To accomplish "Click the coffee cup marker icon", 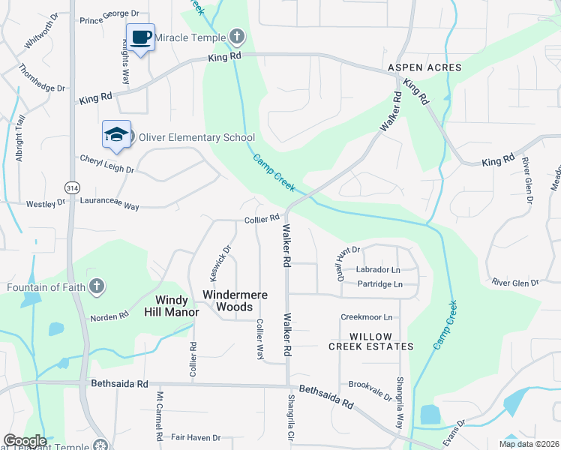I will [140, 37].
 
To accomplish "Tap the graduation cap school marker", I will [116, 134].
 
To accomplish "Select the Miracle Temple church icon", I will [237, 36].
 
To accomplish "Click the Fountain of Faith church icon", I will [96, 286].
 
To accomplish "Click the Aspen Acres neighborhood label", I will [424, 68].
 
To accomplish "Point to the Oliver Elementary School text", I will [197, 138].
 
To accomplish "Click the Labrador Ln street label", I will [378, 270].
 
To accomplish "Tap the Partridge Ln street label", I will [379, 284].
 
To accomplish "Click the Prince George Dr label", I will [109, 13].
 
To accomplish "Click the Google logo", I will [25, 440].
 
